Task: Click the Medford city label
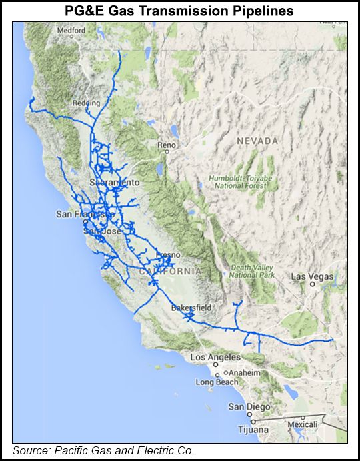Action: point(71,31)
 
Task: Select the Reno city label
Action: point(166,145)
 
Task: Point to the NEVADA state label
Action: point(257,141)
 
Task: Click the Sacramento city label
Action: point(115,182)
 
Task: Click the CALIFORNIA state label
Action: point(170,272)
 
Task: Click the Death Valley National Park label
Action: point(253,271)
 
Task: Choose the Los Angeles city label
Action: point(215,357)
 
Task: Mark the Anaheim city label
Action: point(244,373)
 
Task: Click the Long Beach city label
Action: point(216,382)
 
